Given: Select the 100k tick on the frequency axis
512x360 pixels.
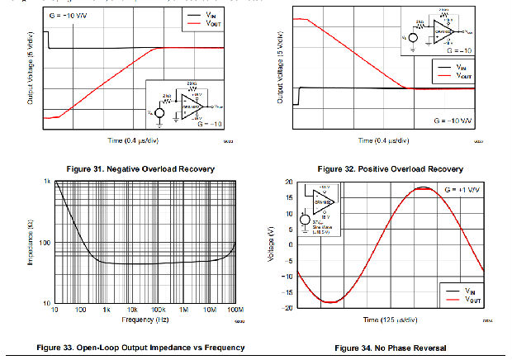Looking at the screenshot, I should (157, 313).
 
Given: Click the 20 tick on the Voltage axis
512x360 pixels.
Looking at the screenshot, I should (289, 182).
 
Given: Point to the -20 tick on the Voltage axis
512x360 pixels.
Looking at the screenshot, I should (287, 308).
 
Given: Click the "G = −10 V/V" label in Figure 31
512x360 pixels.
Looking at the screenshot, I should (71, 13).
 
